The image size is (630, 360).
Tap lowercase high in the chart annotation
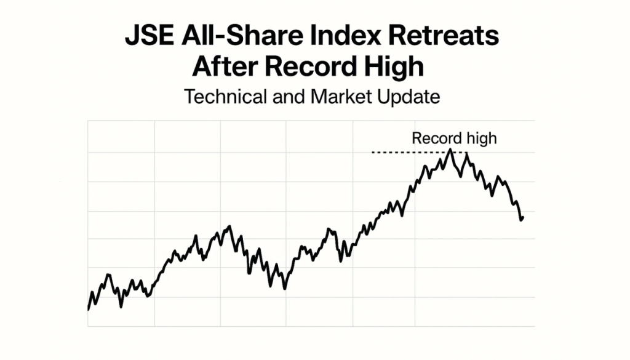[479, 138]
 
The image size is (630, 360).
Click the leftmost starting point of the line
[89, 309]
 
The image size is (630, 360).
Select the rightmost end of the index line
[522, 217]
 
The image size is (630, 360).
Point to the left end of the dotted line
[373, 152]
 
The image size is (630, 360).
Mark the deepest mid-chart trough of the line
[285, 288]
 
